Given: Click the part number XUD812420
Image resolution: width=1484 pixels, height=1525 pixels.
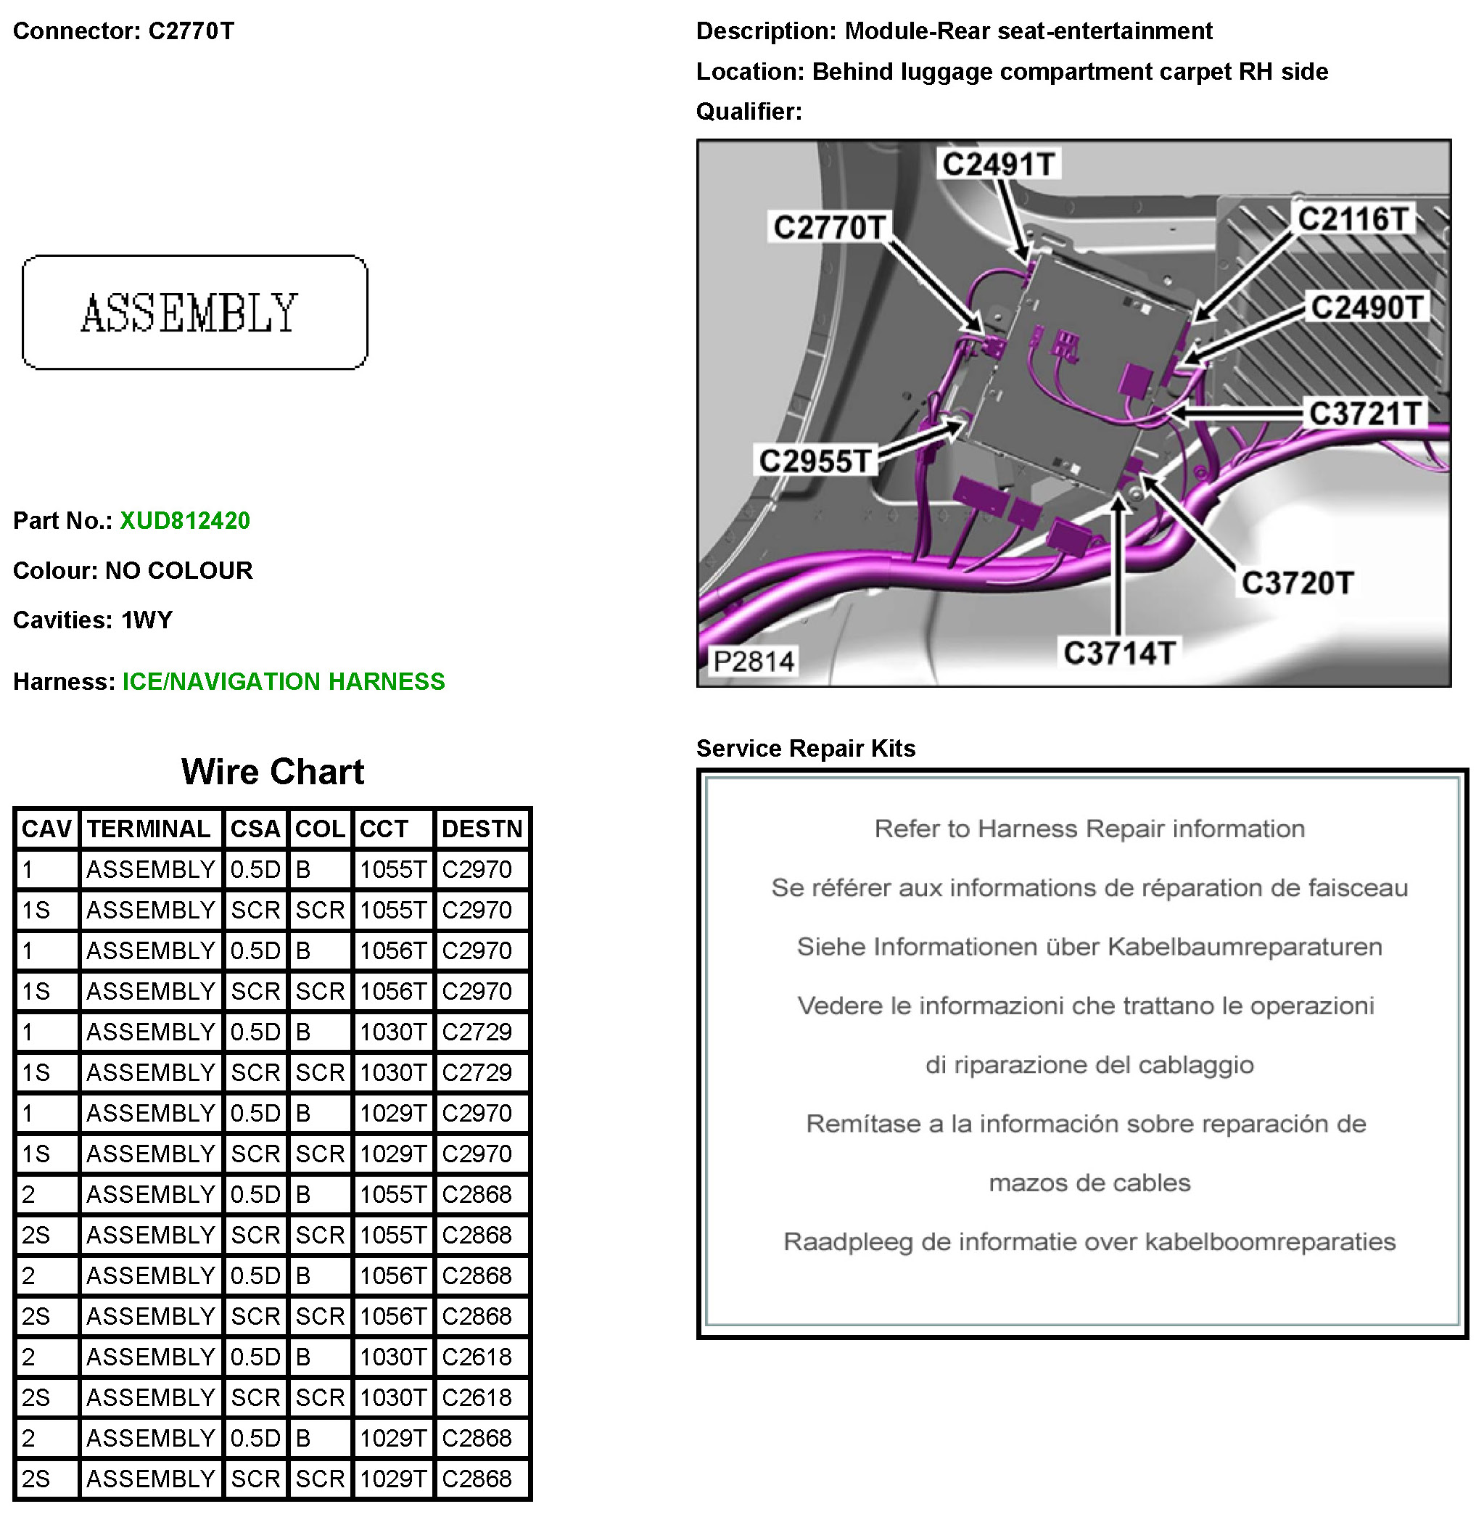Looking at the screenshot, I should (x=185, y=521).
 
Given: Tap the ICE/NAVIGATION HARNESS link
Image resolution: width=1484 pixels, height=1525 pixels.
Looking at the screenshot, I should (x=284, y=681).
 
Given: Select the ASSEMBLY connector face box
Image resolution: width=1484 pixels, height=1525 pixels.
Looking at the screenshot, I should (x=195, y=313).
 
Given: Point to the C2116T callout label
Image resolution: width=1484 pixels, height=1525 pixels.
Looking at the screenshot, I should (x=1352, y=219).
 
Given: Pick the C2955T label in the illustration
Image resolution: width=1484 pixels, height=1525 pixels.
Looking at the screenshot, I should (x=815, y=461).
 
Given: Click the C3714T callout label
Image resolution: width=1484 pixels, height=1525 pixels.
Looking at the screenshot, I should (x=1119, y=654).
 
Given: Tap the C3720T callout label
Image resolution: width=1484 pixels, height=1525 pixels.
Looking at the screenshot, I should (x=1297, y=583).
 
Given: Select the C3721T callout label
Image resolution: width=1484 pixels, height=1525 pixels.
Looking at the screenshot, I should (x=1365, y=414).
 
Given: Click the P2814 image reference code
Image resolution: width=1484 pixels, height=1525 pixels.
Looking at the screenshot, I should (x=753, y=662).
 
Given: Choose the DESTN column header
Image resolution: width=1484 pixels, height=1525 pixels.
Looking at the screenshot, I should (x=482, y=829).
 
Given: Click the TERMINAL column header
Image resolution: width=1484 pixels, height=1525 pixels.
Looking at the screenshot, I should (x=149, y=829).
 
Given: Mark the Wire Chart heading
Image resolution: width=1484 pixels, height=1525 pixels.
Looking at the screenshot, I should (x=272, y=772).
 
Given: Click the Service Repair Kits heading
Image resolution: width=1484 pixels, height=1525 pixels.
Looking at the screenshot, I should (x=805, y=749).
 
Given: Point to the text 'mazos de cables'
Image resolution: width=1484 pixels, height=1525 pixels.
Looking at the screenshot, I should (x=1089, y=1183).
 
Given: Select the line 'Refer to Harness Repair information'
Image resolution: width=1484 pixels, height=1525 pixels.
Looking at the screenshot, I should (x=1089, y=829).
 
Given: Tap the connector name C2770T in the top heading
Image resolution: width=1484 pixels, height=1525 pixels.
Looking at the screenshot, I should (x=191, y=31).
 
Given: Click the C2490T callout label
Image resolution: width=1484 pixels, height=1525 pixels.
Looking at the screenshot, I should (x=1366, y=307).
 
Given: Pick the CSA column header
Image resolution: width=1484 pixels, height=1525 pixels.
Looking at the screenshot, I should (x=255, y=829).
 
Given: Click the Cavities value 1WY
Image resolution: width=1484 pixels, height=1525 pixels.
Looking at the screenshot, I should (x=147, y=620).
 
